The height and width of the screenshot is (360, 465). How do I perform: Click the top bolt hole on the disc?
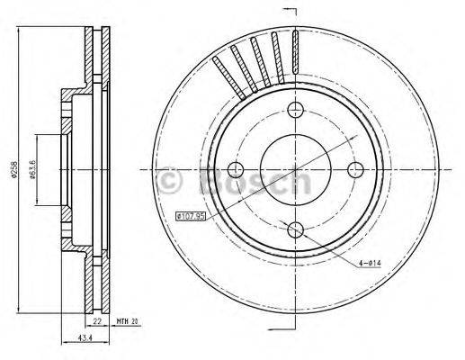(x=295, y=111)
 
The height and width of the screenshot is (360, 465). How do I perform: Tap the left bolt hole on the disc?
(x=237, y=170)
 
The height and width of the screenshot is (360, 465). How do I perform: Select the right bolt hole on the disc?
(x=353, y=170)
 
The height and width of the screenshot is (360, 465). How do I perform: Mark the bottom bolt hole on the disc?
(x=295, y=229)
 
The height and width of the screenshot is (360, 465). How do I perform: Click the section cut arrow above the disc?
(x=290, y=11)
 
